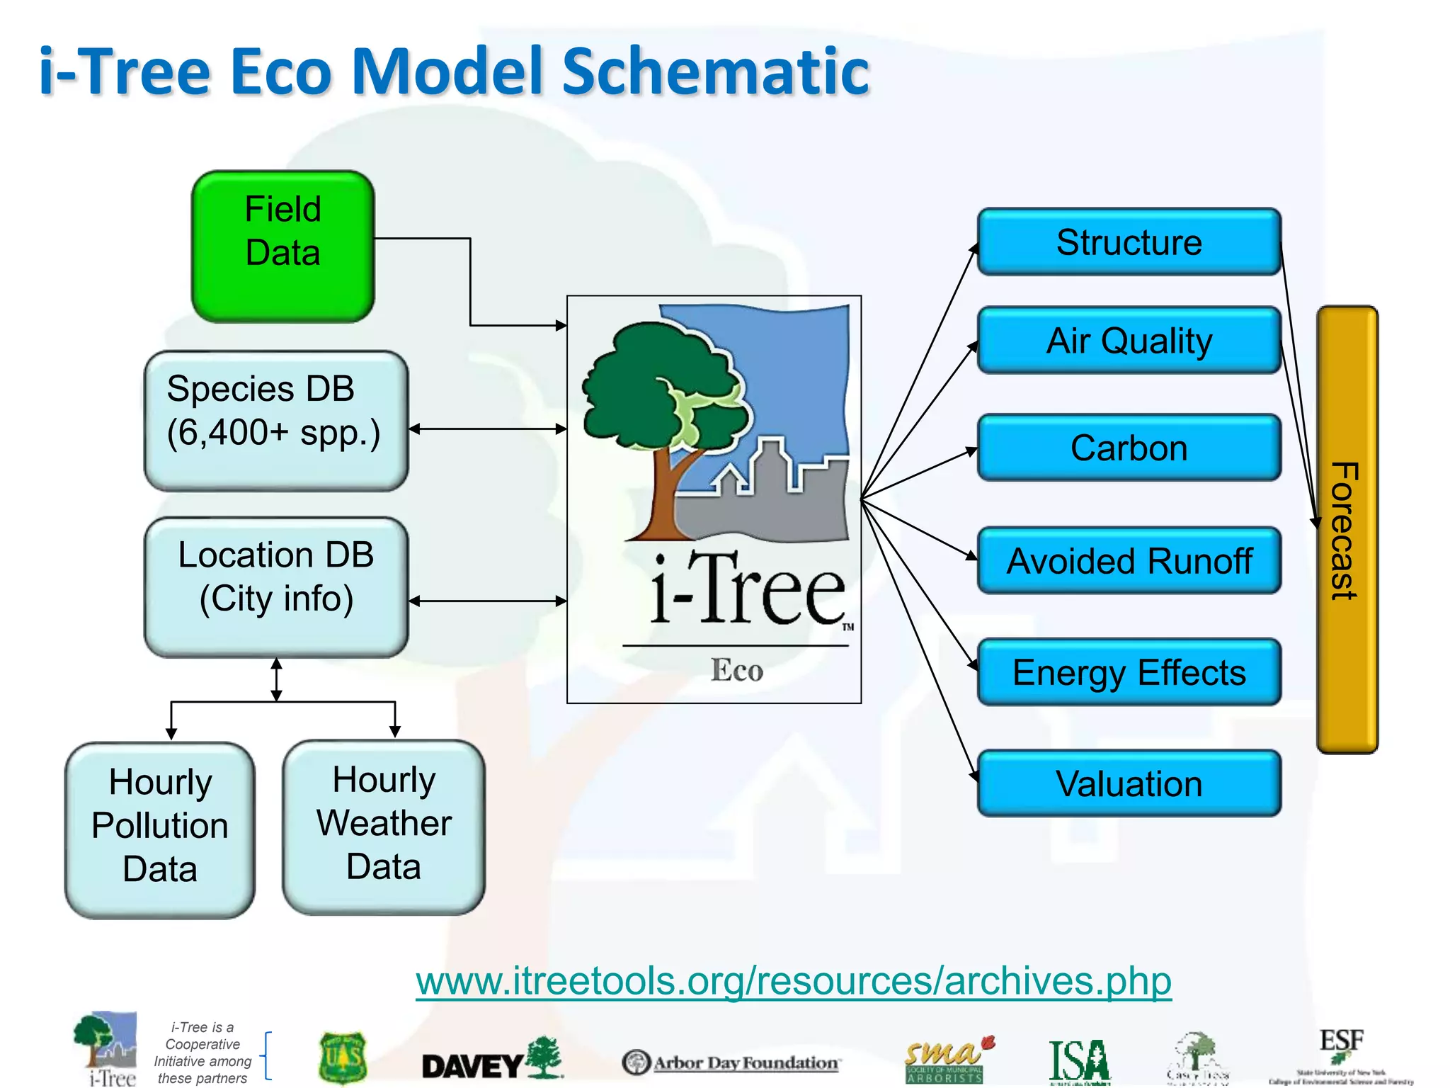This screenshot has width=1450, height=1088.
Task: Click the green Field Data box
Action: pyautogui.click(x=282, y=246)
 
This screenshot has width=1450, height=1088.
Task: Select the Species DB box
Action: pyautogui.click(x=276, y=420)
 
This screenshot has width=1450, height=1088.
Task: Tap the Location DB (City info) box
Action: pyautogui.click(x=276, y=586)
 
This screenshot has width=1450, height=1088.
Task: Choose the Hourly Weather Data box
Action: pyautogui.click(x=384, y=827)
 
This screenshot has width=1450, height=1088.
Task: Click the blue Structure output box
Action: pyautogui.click(x=1129, y=242)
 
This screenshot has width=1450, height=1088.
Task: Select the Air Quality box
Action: pyautogui.click(x=1129, y=341)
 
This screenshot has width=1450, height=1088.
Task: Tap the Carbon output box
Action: pyautogui.click(x=1129, y=448)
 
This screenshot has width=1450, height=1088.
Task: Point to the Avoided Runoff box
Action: pyautogui.click(x=1129, y=561)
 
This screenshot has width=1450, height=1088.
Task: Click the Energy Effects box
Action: pyautogui.click(x=1129, y=672)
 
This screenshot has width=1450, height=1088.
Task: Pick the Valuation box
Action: pyautogui.click(x=1129, y=783)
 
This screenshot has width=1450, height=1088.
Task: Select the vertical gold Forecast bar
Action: pyautogui.click(x=1347, y=530)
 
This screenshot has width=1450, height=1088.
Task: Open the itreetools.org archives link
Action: pyautogui.click(x=793, y=982)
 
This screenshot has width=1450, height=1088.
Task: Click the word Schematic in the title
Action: pyautogui.click(x=715, y=71)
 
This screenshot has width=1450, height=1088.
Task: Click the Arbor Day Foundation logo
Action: pyautogui.click(x=731, y=1062)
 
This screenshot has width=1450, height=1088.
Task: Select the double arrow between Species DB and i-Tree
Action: pyautogui.click(x=488, y=429)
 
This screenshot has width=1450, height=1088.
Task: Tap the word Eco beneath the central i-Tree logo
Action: pyautogui.click(x=737, y=670)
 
